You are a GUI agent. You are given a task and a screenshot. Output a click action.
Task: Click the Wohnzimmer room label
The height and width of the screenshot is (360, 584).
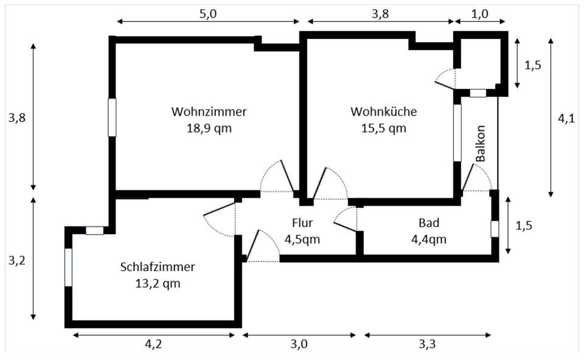pos(209,112)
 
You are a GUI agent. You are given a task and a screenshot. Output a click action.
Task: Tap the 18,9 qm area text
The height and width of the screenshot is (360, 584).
pos(209,128)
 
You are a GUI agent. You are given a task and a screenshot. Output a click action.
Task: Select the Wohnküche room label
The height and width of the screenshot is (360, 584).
pos(383,112)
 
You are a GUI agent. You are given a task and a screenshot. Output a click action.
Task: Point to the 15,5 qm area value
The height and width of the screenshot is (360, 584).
pos(383,128)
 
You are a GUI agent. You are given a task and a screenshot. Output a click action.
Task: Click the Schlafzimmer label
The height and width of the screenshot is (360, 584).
pos(158,267)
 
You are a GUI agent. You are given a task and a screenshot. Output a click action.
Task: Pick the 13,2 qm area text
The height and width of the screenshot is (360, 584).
pos(158,283)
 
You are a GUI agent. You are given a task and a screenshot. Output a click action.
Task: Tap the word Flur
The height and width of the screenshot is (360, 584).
pos(302,223)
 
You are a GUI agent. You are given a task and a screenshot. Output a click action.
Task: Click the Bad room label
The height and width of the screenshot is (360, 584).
pos(429,223)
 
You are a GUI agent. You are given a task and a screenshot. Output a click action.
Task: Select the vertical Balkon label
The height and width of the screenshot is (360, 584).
pos(481,144)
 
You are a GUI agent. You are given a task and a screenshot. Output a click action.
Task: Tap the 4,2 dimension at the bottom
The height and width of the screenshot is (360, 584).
pos(153,344)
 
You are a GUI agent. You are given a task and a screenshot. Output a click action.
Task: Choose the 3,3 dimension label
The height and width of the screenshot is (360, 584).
pos(428,344)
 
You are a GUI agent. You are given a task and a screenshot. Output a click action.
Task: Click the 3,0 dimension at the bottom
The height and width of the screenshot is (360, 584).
pos(299,344)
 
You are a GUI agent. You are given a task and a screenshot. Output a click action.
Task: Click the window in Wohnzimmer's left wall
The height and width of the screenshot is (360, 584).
pos(112,117)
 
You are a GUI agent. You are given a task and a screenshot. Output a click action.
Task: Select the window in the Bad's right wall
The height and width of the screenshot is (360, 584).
pos(495,229)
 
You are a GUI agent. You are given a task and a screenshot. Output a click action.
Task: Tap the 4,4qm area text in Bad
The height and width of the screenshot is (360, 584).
pos(429,239)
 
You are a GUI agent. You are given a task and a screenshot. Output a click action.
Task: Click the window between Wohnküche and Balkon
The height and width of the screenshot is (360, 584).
pos(457,133)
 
